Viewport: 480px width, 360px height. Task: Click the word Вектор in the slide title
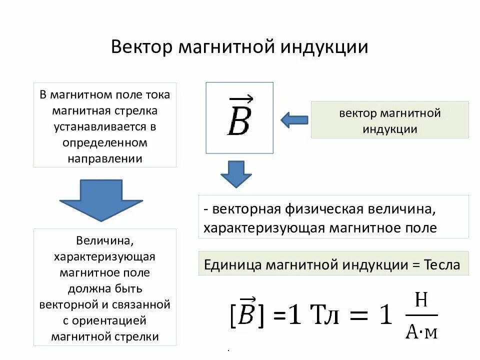140,47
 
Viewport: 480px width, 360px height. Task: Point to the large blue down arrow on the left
101,199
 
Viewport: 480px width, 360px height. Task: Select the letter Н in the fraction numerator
421,300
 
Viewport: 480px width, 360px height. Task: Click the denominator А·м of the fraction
421,330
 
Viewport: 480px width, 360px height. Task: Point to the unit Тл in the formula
326,316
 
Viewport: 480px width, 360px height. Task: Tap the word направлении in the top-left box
105,158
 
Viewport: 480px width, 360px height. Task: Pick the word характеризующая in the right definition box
264,228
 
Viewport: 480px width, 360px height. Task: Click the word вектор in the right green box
356,113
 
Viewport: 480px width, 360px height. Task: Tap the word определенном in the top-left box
105,142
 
